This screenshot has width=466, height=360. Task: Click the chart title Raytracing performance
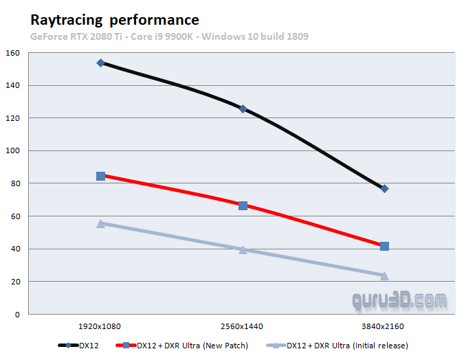point(115,20)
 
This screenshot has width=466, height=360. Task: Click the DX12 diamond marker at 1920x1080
point(100,63)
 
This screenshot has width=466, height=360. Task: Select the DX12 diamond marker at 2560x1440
point(243,109)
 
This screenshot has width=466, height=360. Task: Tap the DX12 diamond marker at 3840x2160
point(384,188)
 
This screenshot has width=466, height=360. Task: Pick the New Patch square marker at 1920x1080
point(100,176)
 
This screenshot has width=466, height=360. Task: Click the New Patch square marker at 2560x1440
point(243,205)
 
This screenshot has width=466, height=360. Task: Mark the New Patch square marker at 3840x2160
point(384,246)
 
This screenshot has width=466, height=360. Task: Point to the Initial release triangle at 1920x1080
point(100,223)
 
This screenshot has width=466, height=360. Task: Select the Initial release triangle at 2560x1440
point(243,249)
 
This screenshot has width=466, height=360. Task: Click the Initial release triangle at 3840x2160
point(384,275)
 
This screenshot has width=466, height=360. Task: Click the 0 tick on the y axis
point(17,315)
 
